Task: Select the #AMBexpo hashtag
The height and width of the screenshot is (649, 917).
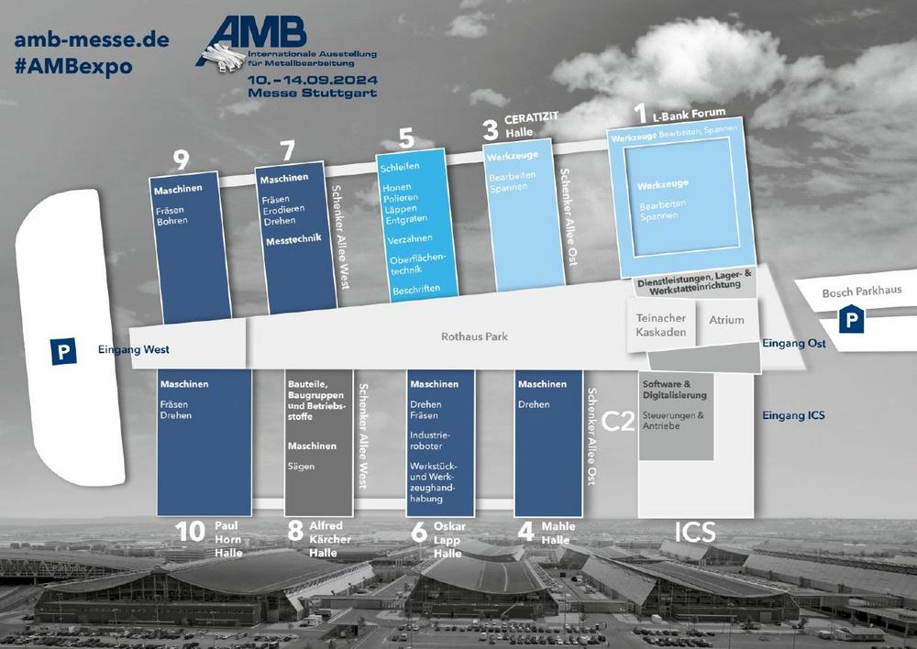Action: coord(73,67)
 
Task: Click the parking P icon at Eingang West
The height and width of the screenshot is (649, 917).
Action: coord(63,351)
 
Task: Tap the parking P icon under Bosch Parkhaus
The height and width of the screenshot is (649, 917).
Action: coord(852,320)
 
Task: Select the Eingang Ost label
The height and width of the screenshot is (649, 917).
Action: coord(793,344)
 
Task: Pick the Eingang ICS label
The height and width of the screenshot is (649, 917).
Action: coord(793,415)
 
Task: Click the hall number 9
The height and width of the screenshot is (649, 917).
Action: coord(181,160)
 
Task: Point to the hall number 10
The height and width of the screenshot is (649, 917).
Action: coord(190,532)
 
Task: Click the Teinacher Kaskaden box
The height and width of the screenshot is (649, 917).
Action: coord(661,325)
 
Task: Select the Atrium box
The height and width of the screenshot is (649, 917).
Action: coord(726,320)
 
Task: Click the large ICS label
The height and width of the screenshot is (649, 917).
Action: coord(695,532)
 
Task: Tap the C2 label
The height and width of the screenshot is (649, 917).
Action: coord(618,420)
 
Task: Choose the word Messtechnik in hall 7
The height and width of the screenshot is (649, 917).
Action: coord(291,243)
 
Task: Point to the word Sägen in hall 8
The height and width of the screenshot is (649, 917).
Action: coord(301,467)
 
